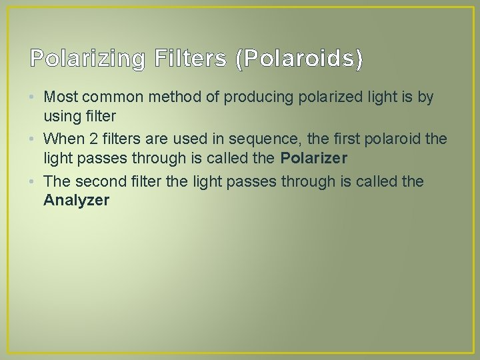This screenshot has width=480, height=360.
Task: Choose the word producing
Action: [x=251, y=97]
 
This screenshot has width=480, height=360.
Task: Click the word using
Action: [x=61, y=115]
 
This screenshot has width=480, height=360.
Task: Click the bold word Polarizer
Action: [x=313, y=158]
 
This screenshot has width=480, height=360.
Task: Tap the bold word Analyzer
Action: [x=76, y=200]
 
